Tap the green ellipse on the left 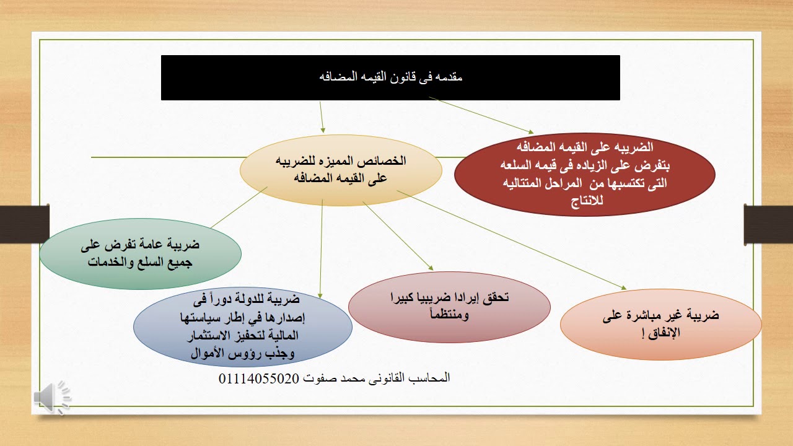(140, 253)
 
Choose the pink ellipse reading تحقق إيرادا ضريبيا (449, 307)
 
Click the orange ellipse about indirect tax (660, 323)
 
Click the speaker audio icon (53, 396)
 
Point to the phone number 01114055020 (259, 378)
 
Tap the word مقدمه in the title (449, 77)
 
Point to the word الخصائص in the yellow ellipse (387, 160)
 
